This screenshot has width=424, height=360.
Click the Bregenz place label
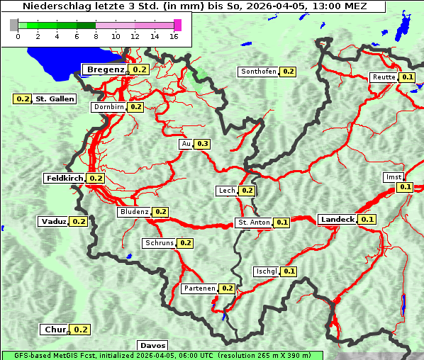click(x=106, y=69)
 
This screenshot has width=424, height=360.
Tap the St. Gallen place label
click(x=55, y=99)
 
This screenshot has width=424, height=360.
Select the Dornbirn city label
click(x=108, y=107)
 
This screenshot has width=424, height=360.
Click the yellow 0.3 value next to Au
click(x=203, y=144)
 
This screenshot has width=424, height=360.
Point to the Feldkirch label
click(x=65, y=179)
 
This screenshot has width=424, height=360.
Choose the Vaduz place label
click(x=54, y=222)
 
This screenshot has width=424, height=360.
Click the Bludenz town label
click(x=134, y=212)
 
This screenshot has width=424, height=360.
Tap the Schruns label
click(x=159, y=243)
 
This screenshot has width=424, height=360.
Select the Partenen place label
click(x=199, y=288)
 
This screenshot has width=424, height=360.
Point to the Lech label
click(x=226, y=191)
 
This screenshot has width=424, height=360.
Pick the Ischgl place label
click(x=266, y=271)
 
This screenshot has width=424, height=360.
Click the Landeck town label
click(x=337, y=220)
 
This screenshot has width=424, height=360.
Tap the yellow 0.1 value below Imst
click(x=405, y=187)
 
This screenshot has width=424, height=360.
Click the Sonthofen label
click(x=258, y=72)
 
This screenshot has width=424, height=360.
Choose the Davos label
click(x=152, y=345)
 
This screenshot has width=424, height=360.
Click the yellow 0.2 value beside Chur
click(x=81, y=330)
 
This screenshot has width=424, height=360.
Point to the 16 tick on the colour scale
click(x=174, y=36)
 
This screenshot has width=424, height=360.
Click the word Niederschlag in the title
click(x=53, y=6)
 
